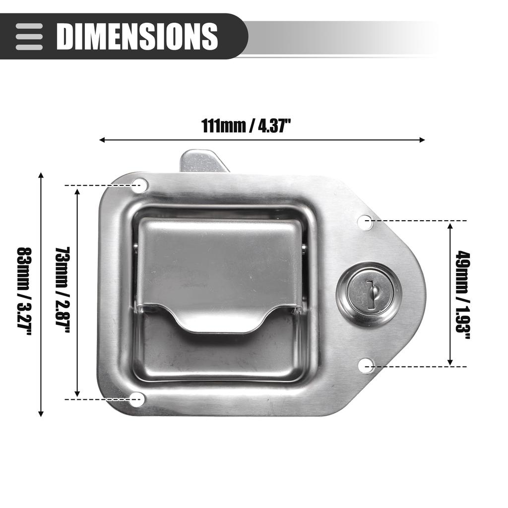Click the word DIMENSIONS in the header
(x=137, y=36)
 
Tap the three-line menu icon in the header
(x=29, y=36)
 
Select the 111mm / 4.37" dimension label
(x=246, y=126)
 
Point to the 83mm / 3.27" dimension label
(x=24, y=292)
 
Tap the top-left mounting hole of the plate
(x=140, y=186)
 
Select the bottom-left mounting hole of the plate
(x=136, y=399)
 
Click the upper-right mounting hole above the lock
(x=365, y=222)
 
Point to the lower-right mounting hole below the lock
(x=366, y=366)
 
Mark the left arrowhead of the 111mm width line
(x=102, y=140)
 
